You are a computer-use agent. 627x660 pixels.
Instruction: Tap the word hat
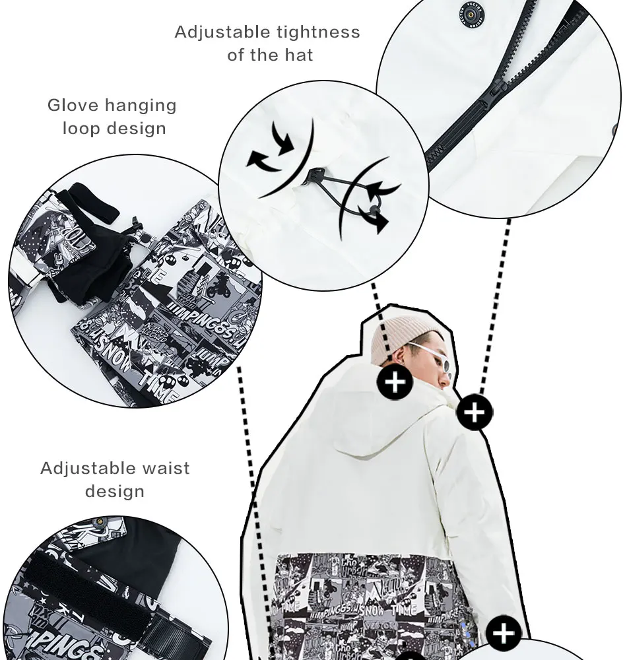point(294,55)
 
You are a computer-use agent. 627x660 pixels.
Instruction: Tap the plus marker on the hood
point(394,381)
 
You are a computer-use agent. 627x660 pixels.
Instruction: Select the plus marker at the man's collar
point(475,412)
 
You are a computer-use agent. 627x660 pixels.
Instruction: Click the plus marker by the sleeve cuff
point(504,634)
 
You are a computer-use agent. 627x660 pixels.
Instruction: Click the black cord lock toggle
point(312,175)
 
